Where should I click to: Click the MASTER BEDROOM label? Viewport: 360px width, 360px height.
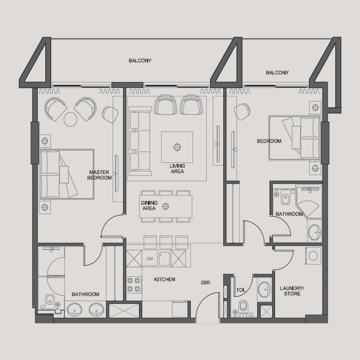point(99,175)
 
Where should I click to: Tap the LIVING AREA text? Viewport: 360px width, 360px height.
point(177,168)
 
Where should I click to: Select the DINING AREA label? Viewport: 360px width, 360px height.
point(148,206)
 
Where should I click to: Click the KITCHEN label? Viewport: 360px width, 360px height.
point(164,279)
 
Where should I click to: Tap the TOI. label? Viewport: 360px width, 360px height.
point(240,290)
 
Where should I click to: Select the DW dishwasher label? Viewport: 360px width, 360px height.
point(150,259)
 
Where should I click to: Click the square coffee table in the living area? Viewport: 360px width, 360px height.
point(177,147)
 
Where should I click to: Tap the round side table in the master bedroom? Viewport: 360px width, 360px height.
point(71,119)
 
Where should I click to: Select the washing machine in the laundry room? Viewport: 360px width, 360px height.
point(313,255)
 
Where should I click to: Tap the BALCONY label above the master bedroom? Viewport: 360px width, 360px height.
point(139,60)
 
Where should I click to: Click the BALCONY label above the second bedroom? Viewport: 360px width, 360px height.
point(277,72)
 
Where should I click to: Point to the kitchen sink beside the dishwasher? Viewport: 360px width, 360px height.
point(164,259)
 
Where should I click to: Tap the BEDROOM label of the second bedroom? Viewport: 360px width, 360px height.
point(269,141)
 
